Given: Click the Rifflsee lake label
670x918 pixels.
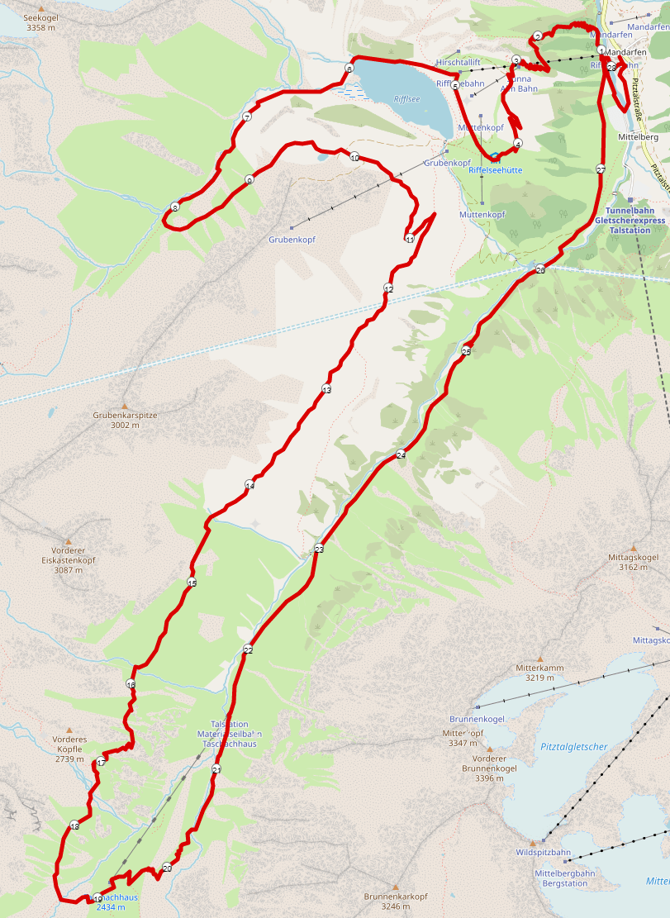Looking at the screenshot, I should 406,99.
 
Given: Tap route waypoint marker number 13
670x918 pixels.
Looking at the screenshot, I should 326,389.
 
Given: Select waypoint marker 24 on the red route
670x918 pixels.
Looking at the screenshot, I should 401,454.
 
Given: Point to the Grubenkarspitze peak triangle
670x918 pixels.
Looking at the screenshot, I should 125,407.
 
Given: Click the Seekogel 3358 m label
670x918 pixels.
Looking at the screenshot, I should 41,22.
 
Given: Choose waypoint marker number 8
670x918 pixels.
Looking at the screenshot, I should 175,207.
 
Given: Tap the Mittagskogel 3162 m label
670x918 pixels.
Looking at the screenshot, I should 633,563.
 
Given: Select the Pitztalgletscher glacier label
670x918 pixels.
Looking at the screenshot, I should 574,747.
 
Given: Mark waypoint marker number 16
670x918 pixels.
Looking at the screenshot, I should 131,684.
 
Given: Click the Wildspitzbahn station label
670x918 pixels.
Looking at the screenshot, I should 543,852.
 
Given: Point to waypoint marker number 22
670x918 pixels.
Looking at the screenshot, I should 248,649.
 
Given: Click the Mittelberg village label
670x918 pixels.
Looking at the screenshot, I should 638,137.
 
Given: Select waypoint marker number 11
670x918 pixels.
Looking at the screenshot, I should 410,239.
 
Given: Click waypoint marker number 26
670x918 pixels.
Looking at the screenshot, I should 540,270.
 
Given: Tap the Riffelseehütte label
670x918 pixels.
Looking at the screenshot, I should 496,170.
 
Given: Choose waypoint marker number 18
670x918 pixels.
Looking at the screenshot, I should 74,825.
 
